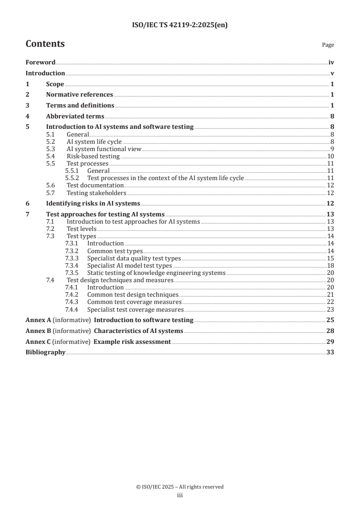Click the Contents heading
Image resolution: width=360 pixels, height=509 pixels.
[45, 44]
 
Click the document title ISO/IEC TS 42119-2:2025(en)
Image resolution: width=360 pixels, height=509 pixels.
[180, 25]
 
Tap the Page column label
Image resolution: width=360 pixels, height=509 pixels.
[328, 45]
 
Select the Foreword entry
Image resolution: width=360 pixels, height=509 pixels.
[40, 63]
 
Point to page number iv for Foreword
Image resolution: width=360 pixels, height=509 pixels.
[331, 63]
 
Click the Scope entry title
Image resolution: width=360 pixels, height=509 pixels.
[55, 84]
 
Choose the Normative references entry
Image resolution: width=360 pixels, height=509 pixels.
[79, 94]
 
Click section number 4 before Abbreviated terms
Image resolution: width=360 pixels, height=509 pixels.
[27, 116]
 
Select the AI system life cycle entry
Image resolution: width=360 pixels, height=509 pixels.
[94, 142]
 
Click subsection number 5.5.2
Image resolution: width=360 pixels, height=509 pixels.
[72, 178]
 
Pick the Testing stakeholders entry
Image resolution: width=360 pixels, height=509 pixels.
[96, 192]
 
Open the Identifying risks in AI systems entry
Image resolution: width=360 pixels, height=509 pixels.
[93, 203]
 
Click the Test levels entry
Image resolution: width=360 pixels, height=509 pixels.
[81, 229]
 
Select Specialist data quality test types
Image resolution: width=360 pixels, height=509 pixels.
[134, 258]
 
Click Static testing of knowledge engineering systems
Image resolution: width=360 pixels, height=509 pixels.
[156, 272]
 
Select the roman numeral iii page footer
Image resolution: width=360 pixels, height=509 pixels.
[180, 495]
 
